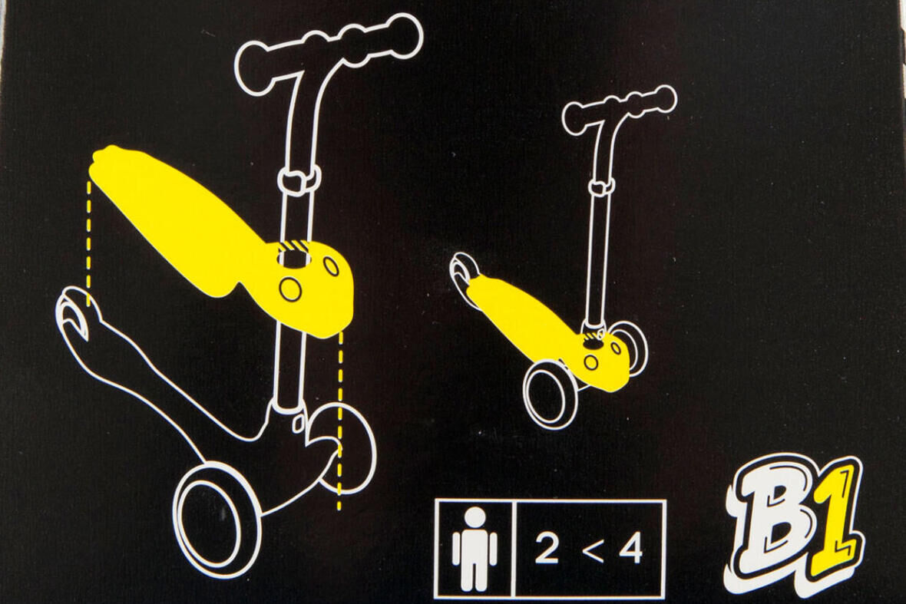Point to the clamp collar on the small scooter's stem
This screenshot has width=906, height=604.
click(x=602, y=186)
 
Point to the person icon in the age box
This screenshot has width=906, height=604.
click(x=474, y=548)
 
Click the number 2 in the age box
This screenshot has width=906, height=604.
click(x=546, y=549)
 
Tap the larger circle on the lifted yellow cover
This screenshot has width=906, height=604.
click(x=290, y=289)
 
